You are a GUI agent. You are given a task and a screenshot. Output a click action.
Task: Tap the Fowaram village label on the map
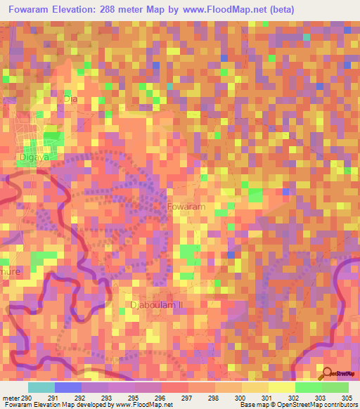pos(186,207)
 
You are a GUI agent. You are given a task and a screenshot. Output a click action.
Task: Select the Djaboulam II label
pos(156,305)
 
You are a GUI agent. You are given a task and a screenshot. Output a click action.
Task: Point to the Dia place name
pos(70,99)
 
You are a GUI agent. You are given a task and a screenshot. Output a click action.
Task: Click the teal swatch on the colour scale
pos(41,387)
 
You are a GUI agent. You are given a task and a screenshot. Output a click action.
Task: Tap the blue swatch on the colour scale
pos(68,387)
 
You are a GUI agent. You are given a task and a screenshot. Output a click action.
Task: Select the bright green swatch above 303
pos(308,387)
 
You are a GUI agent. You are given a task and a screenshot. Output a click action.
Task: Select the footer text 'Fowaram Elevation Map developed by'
pos(56,405)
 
